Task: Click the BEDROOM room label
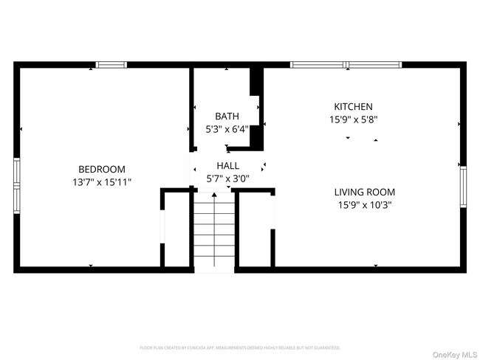(x=102, y=169)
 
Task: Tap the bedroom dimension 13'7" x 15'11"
(x=102, y=181)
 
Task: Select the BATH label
(x=227, y=117)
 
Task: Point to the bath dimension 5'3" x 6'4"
(x=227, y=129)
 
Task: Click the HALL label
(x=227, y=166)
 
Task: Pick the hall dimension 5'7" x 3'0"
(x=227, y=179)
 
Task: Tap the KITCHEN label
(x=353, y=107)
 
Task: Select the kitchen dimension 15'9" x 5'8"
(x=353, y=120)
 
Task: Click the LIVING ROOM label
(x=363, y=193)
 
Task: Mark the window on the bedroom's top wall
(x=112, y=65)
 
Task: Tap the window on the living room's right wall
(x=464, y=190)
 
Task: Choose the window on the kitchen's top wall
(x=346, y=65)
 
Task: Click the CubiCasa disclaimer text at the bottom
(x=240, y=347)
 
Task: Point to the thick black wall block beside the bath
(x=256, y=83)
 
